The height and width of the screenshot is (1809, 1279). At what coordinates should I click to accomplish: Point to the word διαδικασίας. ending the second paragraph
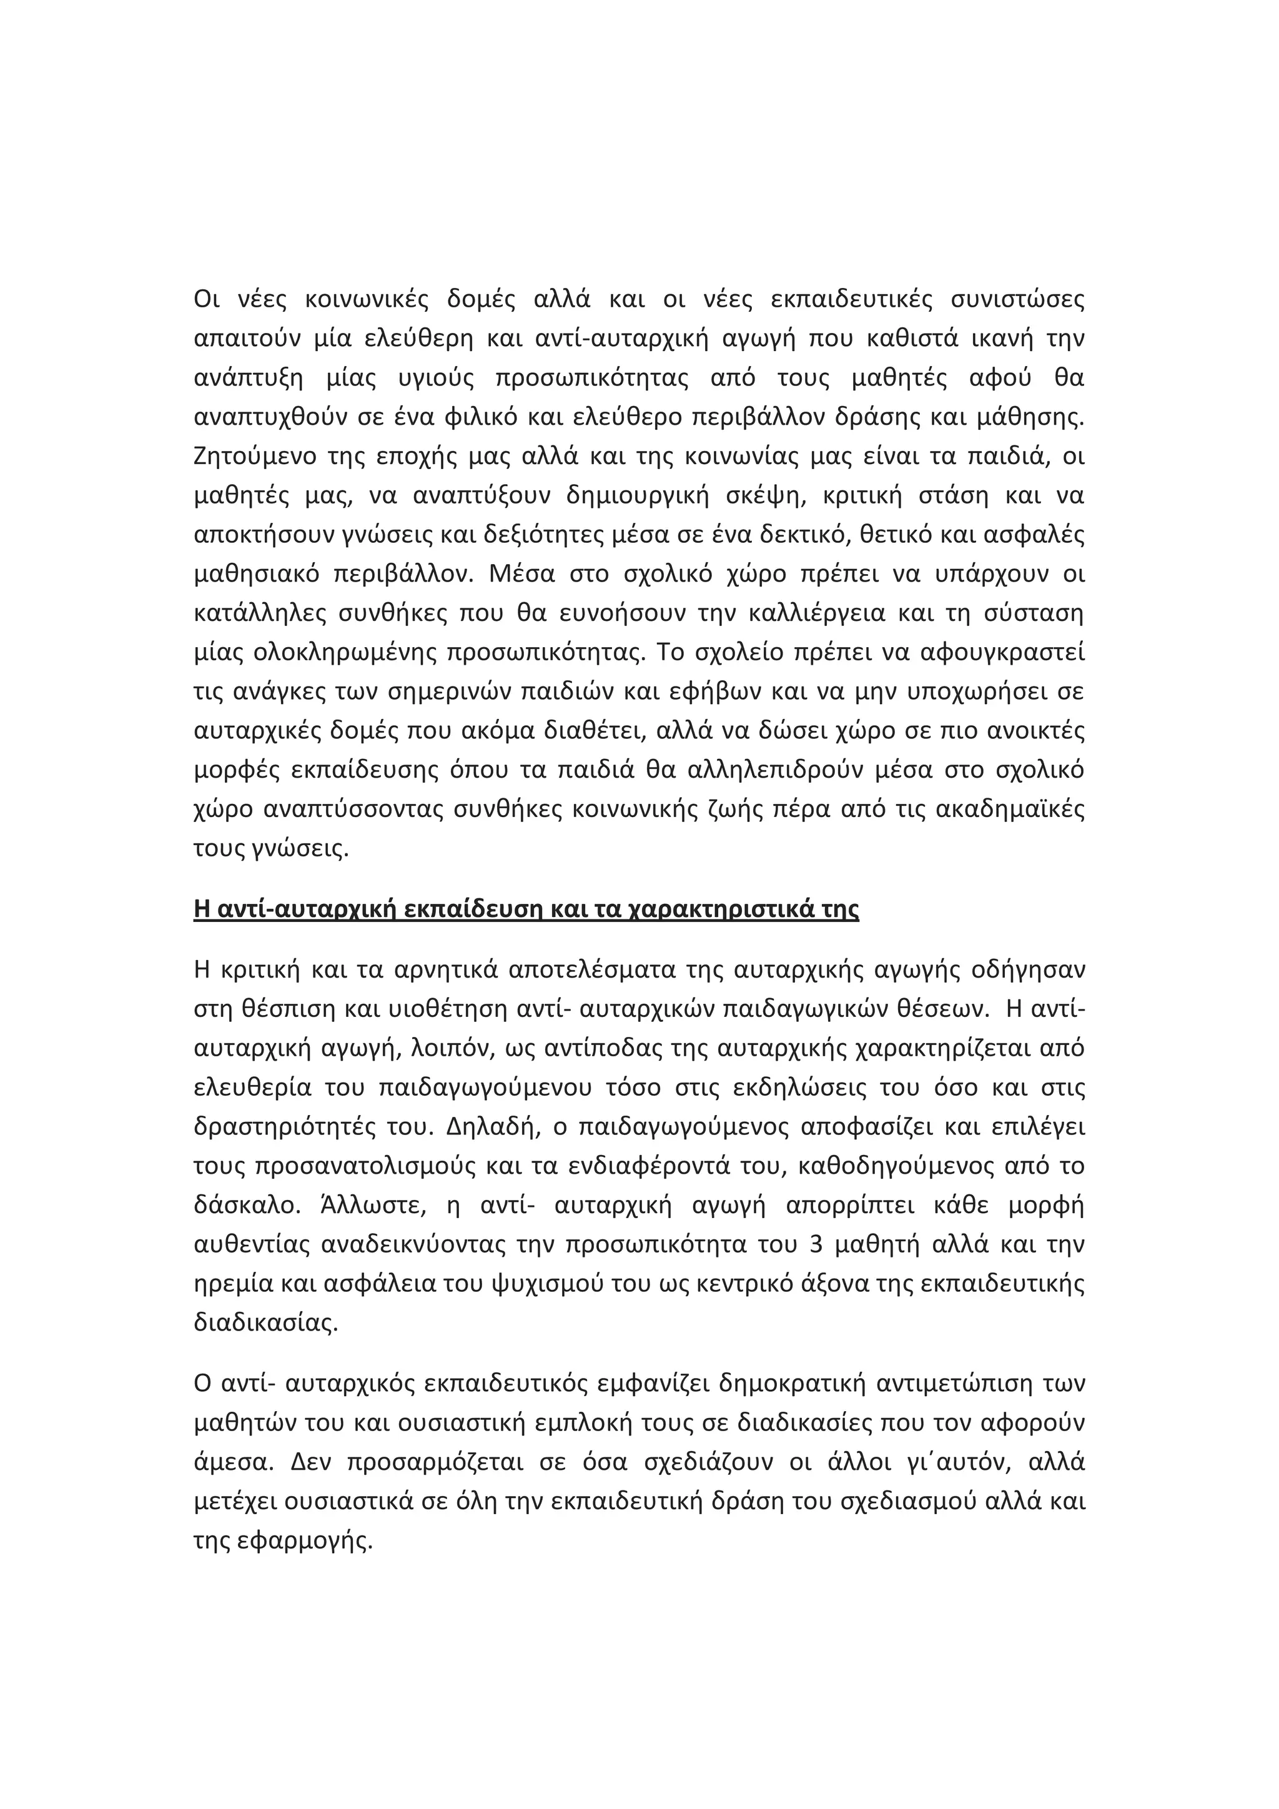pos(265,1324)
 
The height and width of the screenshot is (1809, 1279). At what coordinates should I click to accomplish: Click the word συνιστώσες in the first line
pos(1017,300)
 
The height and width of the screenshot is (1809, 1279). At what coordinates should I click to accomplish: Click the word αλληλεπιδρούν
pos(779,771)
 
